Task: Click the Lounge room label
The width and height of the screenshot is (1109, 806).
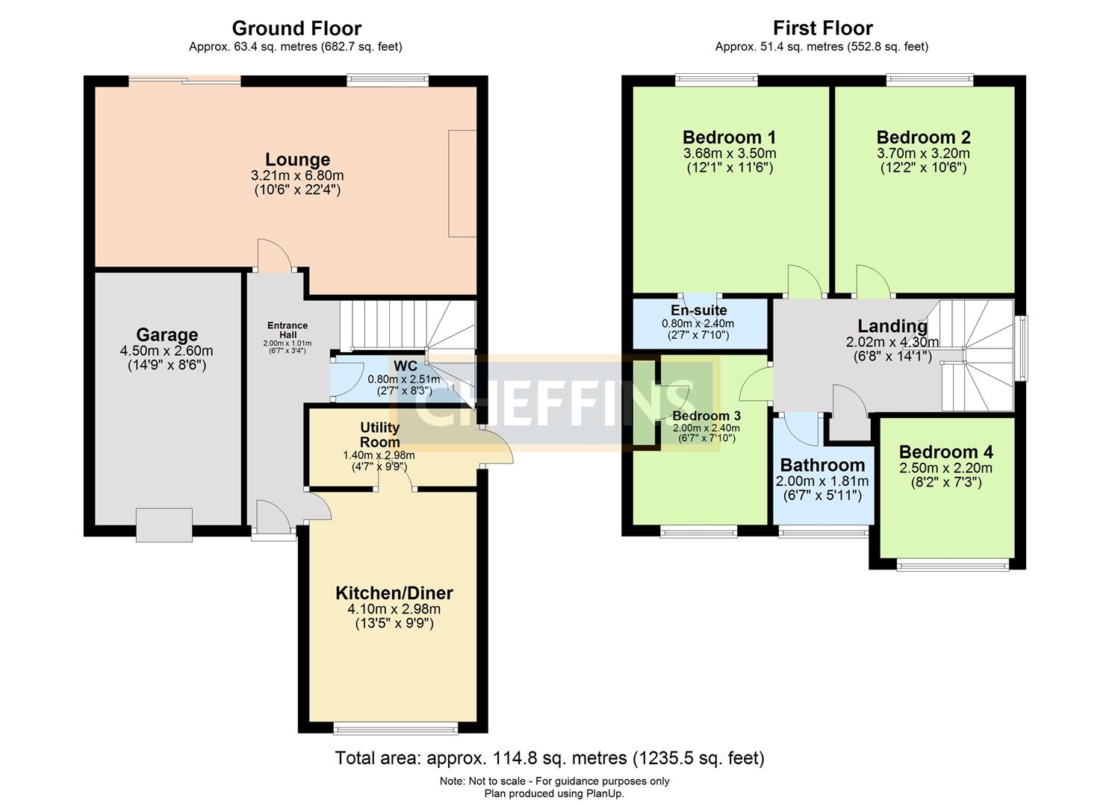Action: pos(297,160)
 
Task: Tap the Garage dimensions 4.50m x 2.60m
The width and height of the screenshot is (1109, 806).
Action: pos(167,351)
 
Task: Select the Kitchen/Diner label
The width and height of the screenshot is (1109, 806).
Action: pos(394,593)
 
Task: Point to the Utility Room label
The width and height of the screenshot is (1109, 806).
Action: pos(379,434)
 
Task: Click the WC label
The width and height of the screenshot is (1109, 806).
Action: pos(406,366)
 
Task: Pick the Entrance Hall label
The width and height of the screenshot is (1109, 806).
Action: pos(288,330)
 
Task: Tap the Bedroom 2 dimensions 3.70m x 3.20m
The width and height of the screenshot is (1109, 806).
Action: pos(923,154)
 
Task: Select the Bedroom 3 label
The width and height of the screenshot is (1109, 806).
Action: pos(706,416)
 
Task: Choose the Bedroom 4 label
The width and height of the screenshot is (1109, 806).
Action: pos(945,452)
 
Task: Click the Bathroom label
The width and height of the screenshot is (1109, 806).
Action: pos(822,465)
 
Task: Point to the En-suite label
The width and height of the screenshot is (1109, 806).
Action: pos(698,310)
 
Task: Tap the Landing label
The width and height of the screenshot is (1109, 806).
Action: pos(892,326)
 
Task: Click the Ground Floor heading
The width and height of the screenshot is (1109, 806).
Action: pos(296,28)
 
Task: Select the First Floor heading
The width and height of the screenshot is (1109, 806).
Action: pos(822,28)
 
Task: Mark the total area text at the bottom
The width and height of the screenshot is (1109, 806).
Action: pos(550,758)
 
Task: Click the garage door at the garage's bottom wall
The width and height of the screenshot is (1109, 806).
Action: pos(164,525)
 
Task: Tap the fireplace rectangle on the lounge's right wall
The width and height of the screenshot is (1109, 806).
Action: pos(462,184)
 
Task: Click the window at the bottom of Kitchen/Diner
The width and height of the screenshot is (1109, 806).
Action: pos(395,728)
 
